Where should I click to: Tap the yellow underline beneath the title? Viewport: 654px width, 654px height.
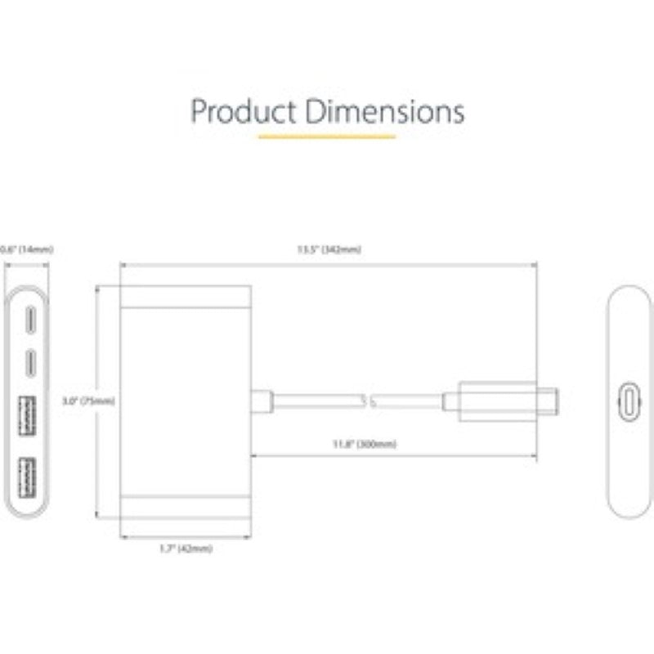pyautogui.click(x=327, y=137)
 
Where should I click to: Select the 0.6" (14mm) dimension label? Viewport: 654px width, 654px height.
pyautogui.click(x=27, y=249)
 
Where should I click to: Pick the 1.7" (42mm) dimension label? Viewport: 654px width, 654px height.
pyautogui.click(x=186, y=549)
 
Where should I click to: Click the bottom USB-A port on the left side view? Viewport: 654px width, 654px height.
pyautogui.click(x=27, y=477)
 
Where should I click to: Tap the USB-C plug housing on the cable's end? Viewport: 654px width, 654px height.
pyautogui.click(x=497, y=401)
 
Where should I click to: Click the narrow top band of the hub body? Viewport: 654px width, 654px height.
pyautogui.click(x=185, y=297)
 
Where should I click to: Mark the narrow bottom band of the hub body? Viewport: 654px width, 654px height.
pyautogui.click(x=185, y=504)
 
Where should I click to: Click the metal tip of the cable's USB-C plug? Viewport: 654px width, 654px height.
pyautogui.click(x=548, y=401)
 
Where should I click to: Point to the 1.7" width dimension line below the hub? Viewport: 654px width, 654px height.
pyautogui.click(x=185, y=537)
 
